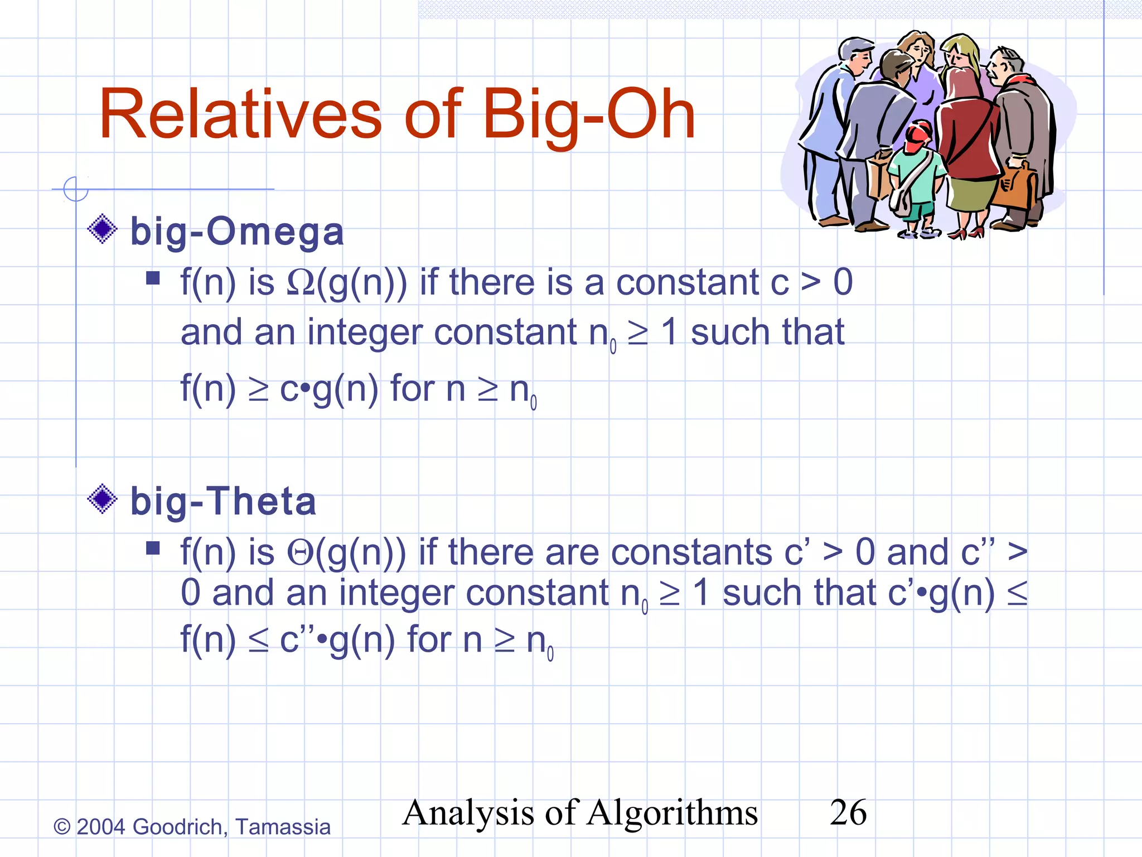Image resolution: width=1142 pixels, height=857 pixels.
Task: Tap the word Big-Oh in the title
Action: [x=589, y=115]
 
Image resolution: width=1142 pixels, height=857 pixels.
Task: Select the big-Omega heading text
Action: [x=237, y=232]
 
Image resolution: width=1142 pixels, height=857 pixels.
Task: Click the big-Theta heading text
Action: [x=223, y=501]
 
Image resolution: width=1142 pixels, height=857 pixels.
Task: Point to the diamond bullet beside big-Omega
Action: [x=103, y=229]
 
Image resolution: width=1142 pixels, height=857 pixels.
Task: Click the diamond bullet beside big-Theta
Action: [x=103, y=498]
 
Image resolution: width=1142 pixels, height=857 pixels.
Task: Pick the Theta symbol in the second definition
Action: [x=301, y=553]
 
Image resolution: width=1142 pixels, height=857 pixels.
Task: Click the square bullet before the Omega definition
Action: [x=153, y=278]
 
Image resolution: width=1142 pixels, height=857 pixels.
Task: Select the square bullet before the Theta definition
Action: [x=153, y=548]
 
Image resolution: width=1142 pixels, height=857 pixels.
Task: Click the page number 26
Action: [x=848, y=812]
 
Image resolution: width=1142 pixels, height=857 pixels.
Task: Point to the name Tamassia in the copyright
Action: [x=283, y=827]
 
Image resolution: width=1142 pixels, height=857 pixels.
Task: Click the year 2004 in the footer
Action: [x=100, y=827]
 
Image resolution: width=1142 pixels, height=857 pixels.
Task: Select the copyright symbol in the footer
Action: [x=61, y=827]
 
